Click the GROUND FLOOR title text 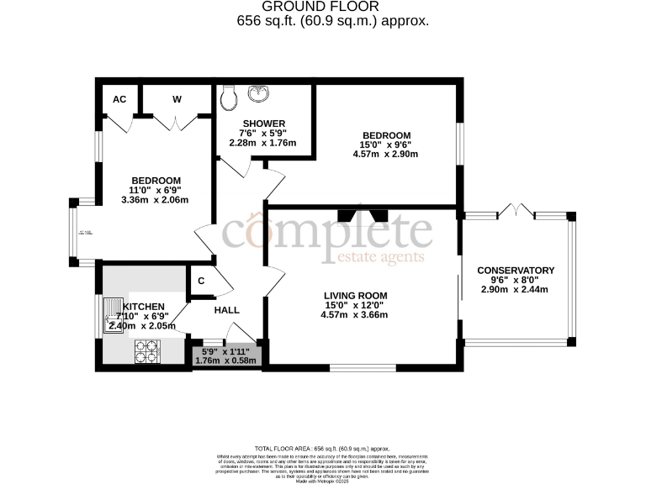point(322,7)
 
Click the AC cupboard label point(119,99)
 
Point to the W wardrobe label point(177,99)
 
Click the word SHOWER point(263,124)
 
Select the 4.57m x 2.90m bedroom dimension point(386,155)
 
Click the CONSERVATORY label point(515,271)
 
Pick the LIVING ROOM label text point(356,296)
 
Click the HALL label point(226,310)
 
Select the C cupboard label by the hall point(202,281)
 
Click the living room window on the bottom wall point(363,366)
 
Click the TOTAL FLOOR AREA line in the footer point(322,450)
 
